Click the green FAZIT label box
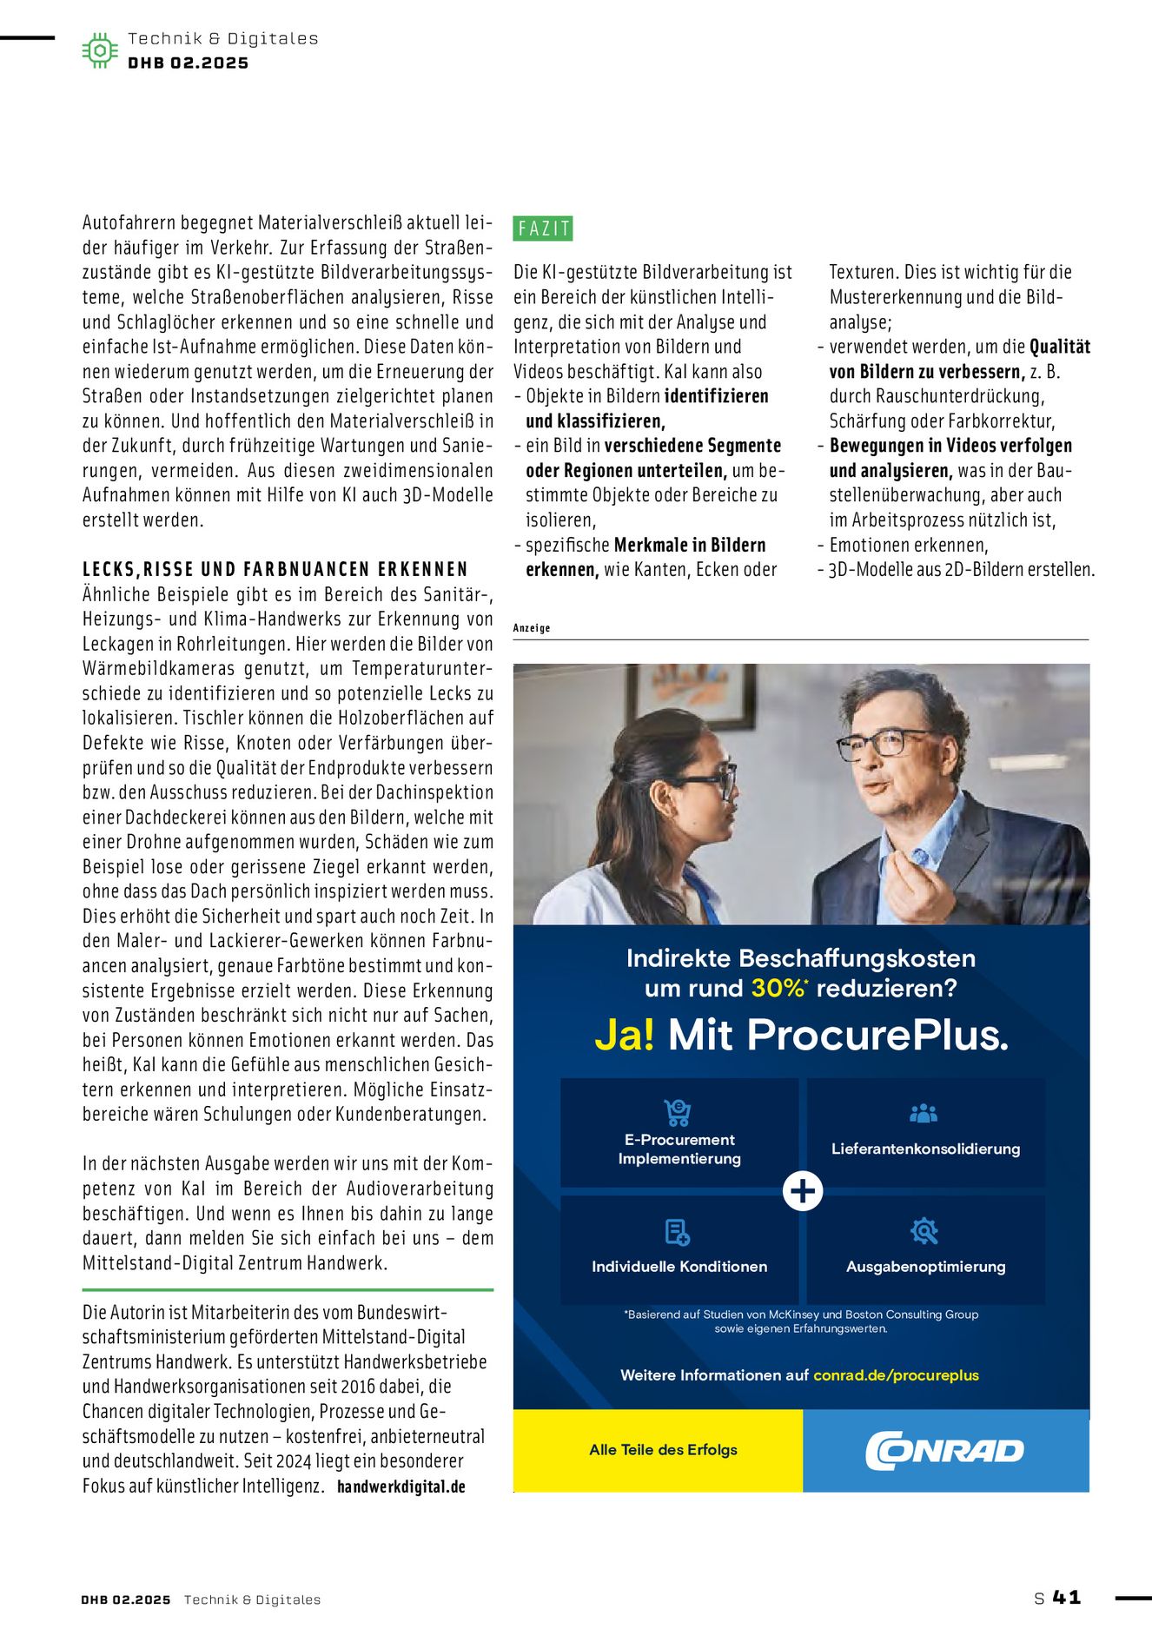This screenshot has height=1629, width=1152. coord(543,228)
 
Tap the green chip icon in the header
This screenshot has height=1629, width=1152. coord(100,50)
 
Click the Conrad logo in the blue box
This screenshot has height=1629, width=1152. coord(944,1450)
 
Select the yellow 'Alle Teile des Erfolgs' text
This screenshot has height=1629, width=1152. coord(663,1449)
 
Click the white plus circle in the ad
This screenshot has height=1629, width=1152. coord(803,1190)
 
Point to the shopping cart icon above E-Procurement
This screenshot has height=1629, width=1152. coord(678,1112)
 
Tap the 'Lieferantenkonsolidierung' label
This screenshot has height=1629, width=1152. coord(925,1149)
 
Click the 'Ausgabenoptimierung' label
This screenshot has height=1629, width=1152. coord(925,1267)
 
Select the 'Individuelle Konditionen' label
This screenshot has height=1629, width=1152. coord(679,1267)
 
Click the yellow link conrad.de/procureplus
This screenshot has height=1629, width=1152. coord(896,1375)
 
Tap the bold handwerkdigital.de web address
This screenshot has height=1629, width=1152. coord(401,1487)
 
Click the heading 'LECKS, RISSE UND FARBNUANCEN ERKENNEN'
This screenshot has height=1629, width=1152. coord(275,569)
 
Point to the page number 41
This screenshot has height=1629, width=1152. coord(1066,1597)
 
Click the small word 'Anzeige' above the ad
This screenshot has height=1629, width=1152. coord(532,628)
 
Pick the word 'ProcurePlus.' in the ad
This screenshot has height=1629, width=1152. coord(877,1035)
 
